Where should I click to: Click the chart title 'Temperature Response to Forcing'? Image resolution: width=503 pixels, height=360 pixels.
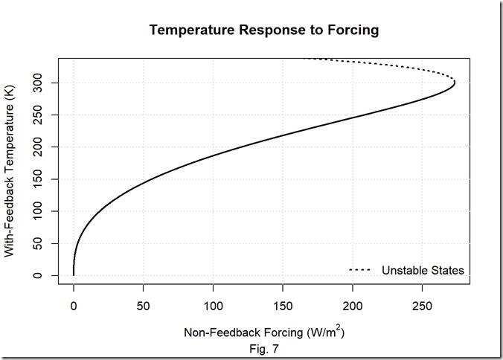pyautogui.click(x=264, y=30)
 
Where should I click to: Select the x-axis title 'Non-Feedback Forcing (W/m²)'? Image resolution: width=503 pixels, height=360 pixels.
pyautogui.click(x=264, y=332)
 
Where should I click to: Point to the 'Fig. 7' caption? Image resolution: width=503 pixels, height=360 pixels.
pyautogui.click(x=264, y=347)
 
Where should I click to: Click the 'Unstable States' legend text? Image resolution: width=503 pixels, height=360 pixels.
pyautogui.click(x=423, y=270)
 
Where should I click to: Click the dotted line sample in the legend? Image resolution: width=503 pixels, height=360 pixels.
pyautogui.click(x=361, y=270)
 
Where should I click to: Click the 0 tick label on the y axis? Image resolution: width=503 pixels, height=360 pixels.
pyautogui.click(x=46, y=275)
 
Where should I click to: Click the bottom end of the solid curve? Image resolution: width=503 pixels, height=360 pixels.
pyautogui.click(x=74, y=274)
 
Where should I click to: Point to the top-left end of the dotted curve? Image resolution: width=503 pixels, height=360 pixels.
pyautogui.click(x=304, y=58)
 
